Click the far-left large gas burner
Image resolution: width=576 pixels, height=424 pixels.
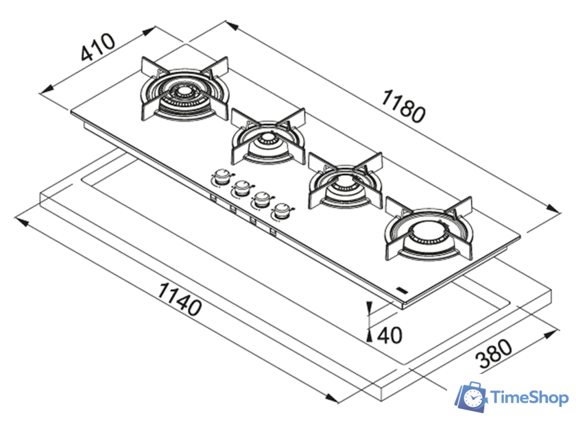[x=182, y=93]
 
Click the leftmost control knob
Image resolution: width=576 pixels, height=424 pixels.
[x=221, y=177]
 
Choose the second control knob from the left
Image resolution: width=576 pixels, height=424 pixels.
[x=241, y=187]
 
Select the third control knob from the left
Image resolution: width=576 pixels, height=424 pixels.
[x=261, y=199]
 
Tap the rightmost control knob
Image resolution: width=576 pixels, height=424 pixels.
[x=281, y=211]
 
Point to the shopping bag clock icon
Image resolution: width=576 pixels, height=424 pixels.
[x=471, y=398]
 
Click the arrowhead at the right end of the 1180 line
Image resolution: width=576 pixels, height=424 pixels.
[x=556, y=211]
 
